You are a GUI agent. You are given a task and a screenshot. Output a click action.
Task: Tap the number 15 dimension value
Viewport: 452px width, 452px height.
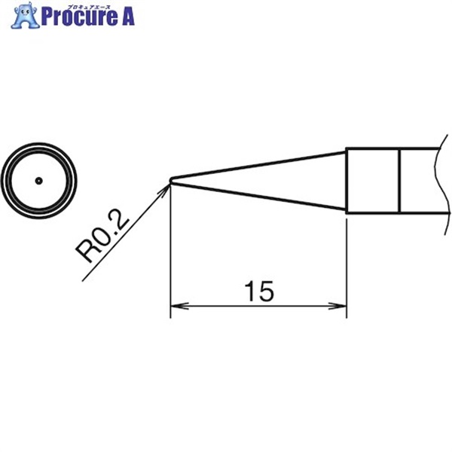point(258,291)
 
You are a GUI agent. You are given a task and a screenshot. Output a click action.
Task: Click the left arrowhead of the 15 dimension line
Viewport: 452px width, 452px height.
point(178,307)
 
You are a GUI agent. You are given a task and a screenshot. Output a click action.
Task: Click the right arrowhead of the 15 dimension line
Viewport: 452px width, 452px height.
point(340,307)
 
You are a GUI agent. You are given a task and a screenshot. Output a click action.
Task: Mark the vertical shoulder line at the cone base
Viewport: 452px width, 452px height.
point(347,181)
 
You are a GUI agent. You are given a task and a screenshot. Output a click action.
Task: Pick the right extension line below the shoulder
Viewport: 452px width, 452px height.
point(347,264)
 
